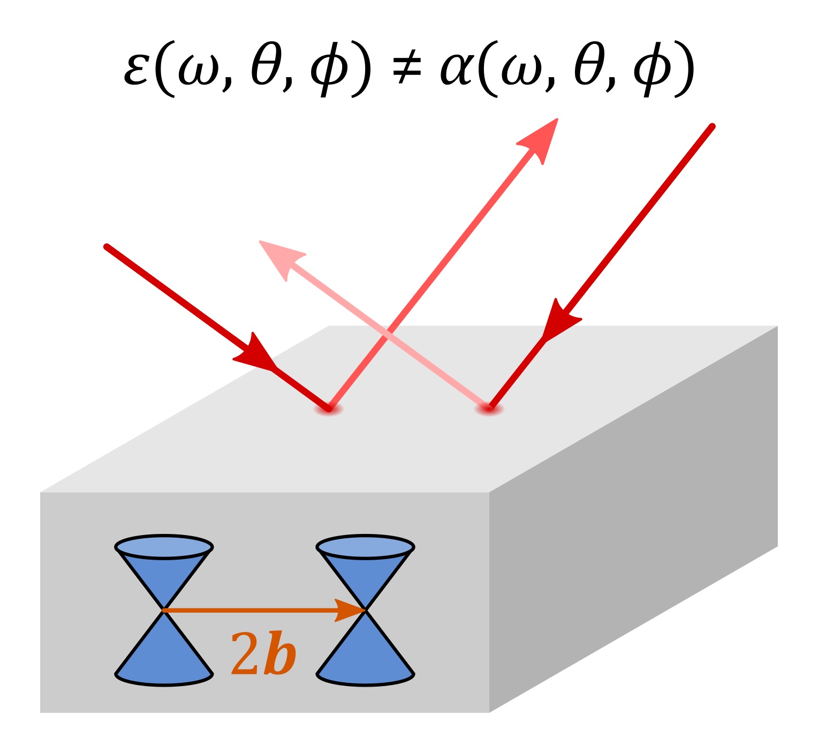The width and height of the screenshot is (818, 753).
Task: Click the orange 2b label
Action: click(x=263, y=654)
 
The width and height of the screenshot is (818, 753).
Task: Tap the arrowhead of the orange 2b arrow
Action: click(x=351, y=610)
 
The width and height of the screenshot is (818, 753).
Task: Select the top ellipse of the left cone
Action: click(x=164, y=547)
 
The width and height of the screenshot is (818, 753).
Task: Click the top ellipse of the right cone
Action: click(x=365, y=547)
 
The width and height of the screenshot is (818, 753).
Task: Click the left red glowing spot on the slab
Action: click(x=328, y=410)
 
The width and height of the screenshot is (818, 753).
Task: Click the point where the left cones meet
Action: click(x=164, y=610)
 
